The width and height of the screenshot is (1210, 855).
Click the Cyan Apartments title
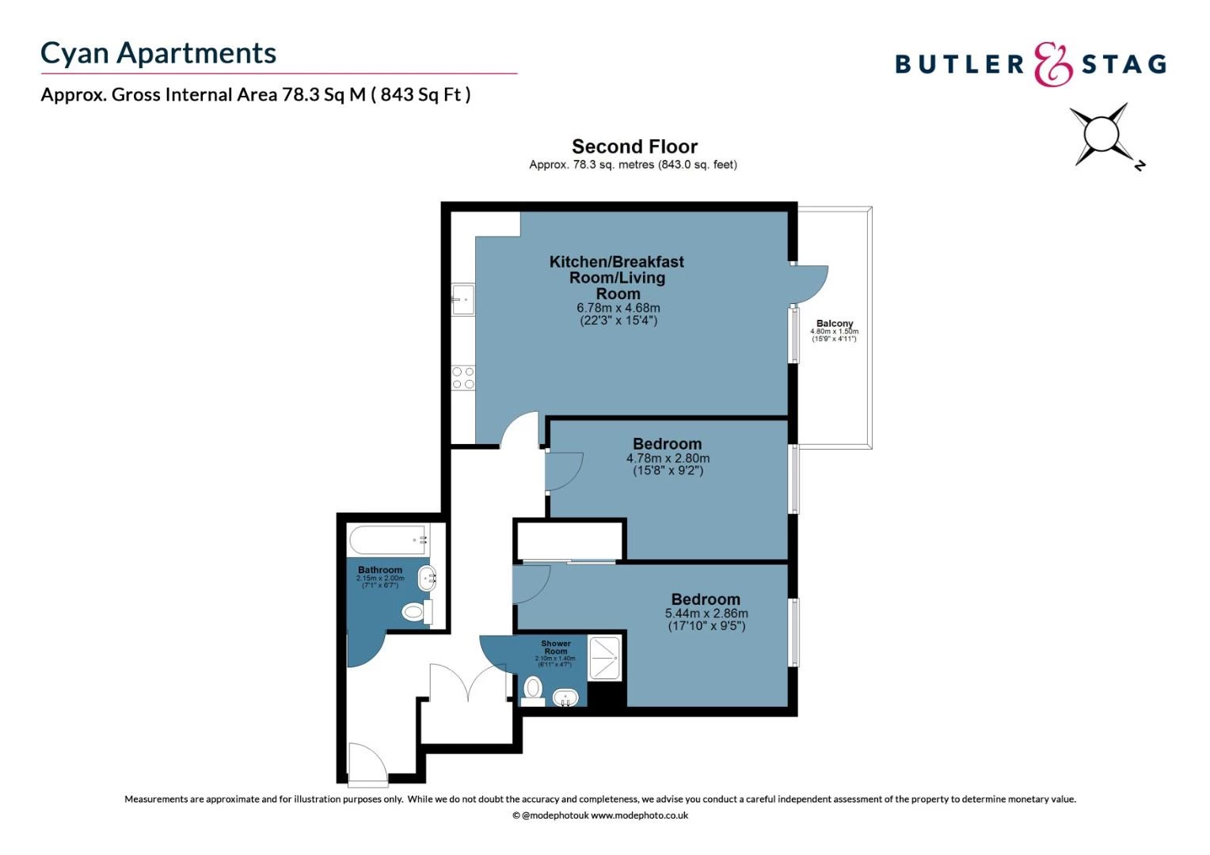pyautogui.click(x=158, y=53)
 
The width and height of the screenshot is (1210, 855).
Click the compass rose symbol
pyautogui.click(x=1102, y=135)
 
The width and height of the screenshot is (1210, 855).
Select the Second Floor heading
pyautogui.click(x=634, y=146)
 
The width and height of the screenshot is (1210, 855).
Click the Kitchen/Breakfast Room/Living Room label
pyautogui.click(x=617, y=277)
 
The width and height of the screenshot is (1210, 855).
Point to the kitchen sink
pyautogui.click(x=463, y=299)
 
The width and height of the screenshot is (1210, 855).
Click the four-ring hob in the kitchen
pyautogui.click(x=463, y=378)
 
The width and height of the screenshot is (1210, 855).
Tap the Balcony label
pyautogui.click(x=835, y=324)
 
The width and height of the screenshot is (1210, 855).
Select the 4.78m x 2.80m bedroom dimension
pyautogui.click(x=668, y=458)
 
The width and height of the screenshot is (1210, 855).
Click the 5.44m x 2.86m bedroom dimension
pyautogui.click(x=706, y=614)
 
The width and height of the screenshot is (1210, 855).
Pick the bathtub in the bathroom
pyautogui.click(x=389, y=540)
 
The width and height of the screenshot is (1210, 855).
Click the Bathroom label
pyautogui.click(x=380, y=570)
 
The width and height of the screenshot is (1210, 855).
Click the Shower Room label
pyautogui.click(x=555, y=648)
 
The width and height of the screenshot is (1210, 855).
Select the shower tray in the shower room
pyautogui.click(x=606, y=657)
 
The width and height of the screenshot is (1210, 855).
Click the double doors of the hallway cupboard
pyautogui.click(x=468, y=682)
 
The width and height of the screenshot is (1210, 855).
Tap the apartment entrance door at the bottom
pyautogui.click(x=367, y=765)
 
